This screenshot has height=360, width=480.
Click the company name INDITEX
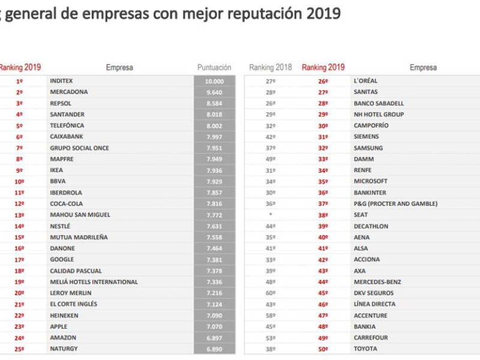62,81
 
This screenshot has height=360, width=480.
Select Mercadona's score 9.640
214,92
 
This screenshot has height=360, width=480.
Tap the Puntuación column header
214,68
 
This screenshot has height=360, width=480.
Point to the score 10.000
214,81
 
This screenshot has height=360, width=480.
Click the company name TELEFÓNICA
67,126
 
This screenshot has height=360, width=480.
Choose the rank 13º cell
19,215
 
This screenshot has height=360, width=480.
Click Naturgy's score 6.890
214,349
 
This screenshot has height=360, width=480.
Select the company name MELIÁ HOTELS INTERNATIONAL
94,282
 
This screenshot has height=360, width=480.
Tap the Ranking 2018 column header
270,68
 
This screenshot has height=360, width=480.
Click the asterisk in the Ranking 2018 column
271,215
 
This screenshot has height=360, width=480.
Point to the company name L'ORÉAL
366,81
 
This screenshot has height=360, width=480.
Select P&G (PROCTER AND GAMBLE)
395,204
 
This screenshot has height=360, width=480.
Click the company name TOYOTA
365,349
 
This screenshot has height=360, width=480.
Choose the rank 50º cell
323,349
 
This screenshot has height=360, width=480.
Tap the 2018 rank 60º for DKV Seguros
271,293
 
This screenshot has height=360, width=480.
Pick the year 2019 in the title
324,14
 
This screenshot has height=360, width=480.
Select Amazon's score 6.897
214,338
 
